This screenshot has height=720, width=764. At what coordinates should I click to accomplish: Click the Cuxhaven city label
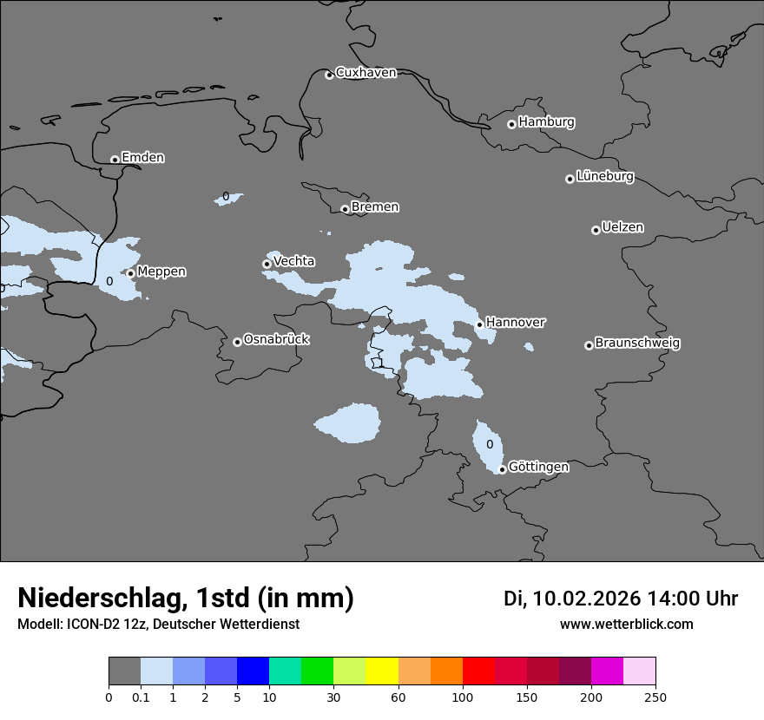[x=366, y=73]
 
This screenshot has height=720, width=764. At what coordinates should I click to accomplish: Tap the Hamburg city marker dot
[x=511, y=124]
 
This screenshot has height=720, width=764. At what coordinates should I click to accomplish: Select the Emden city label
[x=142, y=158]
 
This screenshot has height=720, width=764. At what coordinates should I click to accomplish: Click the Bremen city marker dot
[x=345, y=209]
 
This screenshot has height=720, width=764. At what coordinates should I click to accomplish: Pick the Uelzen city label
[x=622, y=228]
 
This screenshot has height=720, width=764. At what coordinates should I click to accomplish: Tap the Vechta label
[x=293, y=262]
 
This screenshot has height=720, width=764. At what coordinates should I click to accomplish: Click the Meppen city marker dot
[x=131, y=273]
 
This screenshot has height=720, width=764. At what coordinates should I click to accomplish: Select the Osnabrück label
[x=276, y=340]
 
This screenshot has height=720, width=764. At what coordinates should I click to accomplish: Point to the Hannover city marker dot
[x=479, y=324]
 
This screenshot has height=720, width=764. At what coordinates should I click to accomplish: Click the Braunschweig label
[x=637, y=344]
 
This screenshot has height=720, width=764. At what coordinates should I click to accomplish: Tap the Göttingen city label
[x=538, y=468]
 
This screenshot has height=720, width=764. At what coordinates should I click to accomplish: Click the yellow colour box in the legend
[x=382, y=671]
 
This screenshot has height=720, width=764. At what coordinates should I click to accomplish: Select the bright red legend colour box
[x=478, y=671]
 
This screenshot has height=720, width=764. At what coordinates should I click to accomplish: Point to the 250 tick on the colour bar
[x=655, y=697]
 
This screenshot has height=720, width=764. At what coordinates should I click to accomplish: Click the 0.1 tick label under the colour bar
[x=141, y=697]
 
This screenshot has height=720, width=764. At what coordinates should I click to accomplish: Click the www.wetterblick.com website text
[x=626, y=625]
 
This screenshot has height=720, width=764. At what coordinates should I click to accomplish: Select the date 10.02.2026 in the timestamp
[x=586, y=599]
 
